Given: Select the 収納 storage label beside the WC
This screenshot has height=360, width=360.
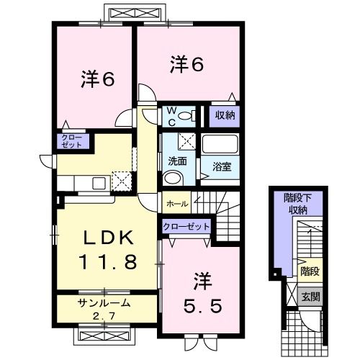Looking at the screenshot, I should [x=222, y=115].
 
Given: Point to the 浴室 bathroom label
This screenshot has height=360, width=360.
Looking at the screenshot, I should [x=222, y=167].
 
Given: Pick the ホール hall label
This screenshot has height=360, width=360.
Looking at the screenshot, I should [x=177, y=204].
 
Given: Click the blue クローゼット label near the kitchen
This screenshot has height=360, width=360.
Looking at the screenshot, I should [x=71, y=141].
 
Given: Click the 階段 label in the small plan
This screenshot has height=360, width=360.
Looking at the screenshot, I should [x=309, y=271].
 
